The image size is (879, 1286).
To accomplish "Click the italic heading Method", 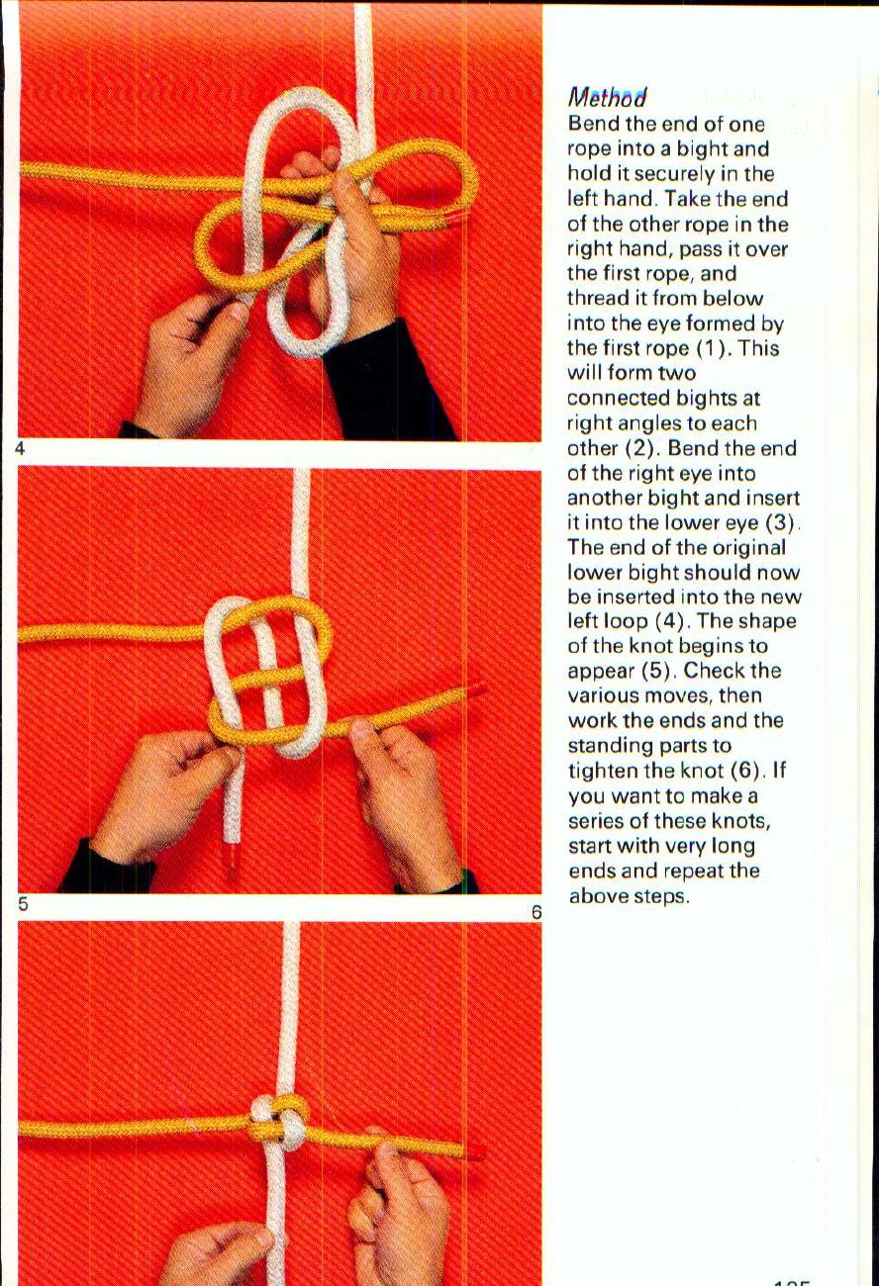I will tap(607, 98).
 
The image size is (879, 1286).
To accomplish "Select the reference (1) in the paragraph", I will tap(717, 348).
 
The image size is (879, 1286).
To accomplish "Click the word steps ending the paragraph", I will tap(659, 896).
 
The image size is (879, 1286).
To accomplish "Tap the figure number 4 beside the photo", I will tap(20, 448).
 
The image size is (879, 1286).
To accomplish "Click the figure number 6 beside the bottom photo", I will tap(536, 912).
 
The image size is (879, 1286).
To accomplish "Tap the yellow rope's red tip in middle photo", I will tap(476, 689).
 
